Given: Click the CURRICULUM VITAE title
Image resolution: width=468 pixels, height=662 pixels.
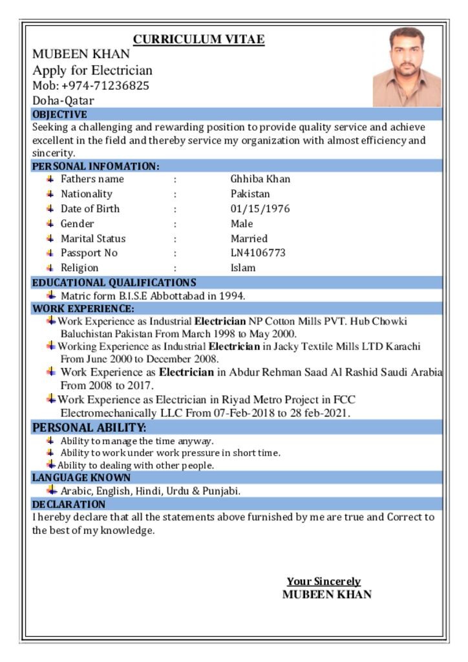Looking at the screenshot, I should [x=198, y=39].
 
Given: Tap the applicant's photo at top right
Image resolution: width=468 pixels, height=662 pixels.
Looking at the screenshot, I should [x=407, y=67].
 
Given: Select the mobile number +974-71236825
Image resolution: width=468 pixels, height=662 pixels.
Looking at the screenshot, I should [x=105, y=86].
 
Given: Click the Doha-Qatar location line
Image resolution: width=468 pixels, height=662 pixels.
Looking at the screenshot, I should [x=63, y=101].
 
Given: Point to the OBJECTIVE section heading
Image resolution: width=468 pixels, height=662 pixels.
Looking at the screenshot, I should [x=59, y=114].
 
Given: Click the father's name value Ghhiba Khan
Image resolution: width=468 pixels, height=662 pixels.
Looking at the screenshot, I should [x=261, y=179].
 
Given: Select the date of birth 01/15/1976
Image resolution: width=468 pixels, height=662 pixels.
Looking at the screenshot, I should [x=261, y=209].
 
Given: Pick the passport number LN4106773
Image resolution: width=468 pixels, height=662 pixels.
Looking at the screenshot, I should [x=258, y=253].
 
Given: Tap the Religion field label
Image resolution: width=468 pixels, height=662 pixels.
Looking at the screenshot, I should [x=80, y=268].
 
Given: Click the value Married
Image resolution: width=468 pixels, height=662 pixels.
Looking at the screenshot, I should [x=249, y=239].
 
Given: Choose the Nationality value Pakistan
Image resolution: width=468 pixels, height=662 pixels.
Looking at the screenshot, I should [x=250, y=194].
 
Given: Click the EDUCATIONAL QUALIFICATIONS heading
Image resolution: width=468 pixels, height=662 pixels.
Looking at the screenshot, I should [x=114, y=283].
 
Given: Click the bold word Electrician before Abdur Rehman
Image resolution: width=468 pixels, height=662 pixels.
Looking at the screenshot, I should [x=186, y=372].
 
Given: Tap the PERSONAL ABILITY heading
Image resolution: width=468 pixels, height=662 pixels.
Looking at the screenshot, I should [x=89, y=427].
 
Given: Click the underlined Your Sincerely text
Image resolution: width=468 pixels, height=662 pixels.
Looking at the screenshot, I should [x=324, y=582].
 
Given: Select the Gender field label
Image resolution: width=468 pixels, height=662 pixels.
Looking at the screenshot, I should [x=78, y=224].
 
